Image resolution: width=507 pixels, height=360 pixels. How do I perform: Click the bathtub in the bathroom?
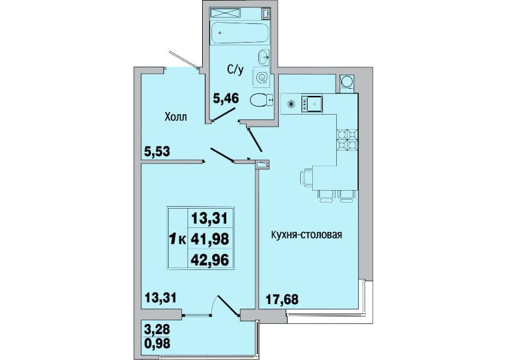(239, 32)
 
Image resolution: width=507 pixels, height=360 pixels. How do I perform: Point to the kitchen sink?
(312, 104)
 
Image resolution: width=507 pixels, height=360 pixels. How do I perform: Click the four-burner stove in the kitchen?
(348, 140)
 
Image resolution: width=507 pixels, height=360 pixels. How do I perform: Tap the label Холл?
(175, 117)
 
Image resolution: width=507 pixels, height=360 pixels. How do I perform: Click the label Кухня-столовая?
(306, 235)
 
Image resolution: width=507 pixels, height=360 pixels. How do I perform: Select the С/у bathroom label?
(235, 69)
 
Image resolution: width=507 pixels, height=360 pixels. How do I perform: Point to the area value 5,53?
(157, 151)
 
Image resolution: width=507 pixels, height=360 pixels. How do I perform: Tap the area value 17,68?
(282, 299)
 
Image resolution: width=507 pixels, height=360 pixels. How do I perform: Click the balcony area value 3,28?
(157, 331)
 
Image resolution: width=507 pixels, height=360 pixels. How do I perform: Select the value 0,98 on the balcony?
(157, 343)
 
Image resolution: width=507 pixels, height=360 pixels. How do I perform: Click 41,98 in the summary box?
(210, 239)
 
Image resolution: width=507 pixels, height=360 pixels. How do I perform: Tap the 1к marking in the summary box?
(177, 239)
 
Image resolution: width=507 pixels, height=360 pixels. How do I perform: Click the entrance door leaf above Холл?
(183, 59)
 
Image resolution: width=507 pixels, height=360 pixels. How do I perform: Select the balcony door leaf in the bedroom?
(229, 305)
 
